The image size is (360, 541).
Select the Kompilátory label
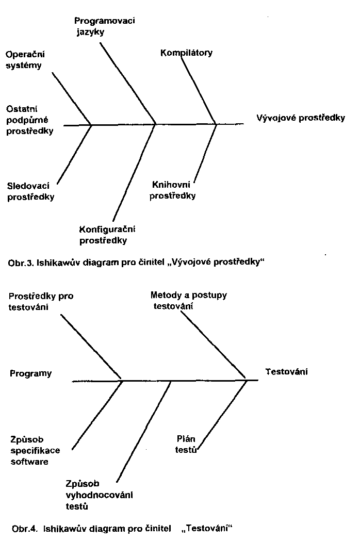point(186,53)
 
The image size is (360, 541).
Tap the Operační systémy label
point(24,60)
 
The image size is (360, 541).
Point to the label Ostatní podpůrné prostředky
point(30,120)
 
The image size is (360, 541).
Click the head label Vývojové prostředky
point(301,118)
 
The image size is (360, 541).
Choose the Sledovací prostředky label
point(31,191)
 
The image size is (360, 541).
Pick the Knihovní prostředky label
point(173,190)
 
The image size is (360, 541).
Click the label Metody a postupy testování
point(188,301)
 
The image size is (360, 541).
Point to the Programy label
point(31,373)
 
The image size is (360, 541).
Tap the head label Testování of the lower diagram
point(286,371)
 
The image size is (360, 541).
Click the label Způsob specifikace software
point(35,450)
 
